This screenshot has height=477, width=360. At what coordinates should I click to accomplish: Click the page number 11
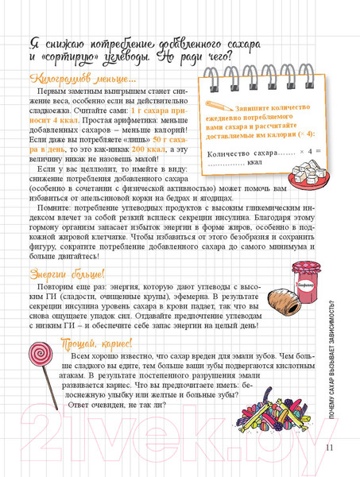pyautogui.click(x=331, y=446)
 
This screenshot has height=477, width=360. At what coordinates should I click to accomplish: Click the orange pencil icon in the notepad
pyautogui.click(x=215, y=105)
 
